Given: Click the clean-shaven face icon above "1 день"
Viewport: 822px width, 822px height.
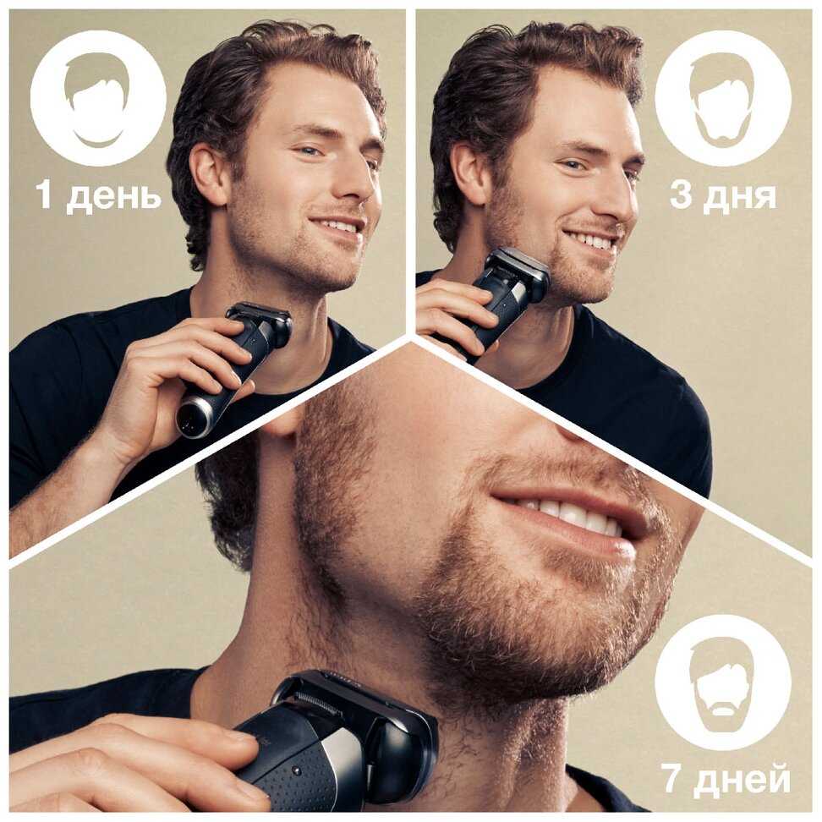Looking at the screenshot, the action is [x=98, y=98].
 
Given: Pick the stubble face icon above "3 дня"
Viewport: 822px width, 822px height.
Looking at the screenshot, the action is [x=723, y=98].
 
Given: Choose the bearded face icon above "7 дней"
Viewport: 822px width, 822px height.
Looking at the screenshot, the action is [x=723, y=682].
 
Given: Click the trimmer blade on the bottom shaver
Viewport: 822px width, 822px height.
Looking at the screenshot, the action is [x=320, y=701].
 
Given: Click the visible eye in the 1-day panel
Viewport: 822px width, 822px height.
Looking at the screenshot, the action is [x=310, y=152].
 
